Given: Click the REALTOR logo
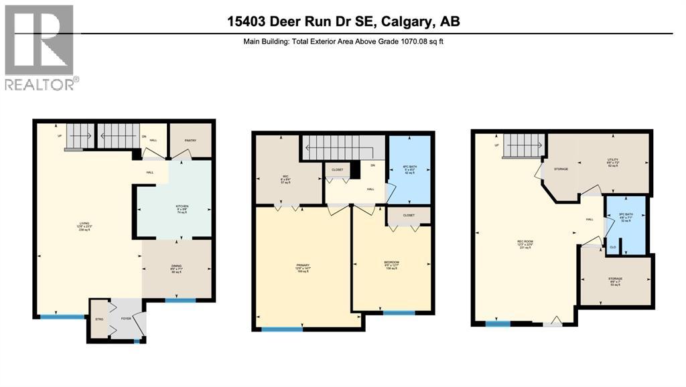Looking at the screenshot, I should pos(40,47).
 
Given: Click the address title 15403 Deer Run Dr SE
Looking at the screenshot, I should pos(343,21).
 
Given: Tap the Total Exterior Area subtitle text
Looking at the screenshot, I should pos(343,42).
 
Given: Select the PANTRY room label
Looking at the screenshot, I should pos(190,141).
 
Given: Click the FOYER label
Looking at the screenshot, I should pos(125,320).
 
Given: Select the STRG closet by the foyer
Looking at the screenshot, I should pos(98,320).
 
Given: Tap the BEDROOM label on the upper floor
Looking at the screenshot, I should pos(392,263).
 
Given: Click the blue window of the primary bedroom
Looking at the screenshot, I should pos(281,329).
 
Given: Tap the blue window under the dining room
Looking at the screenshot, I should pos(176,300).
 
